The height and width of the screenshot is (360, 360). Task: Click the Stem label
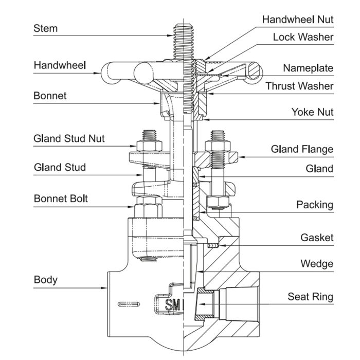(46, 28)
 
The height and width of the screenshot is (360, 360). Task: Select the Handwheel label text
(60, 65)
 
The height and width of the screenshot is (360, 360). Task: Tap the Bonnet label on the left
(50, 96)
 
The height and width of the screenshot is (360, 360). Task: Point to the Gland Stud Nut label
(69, 138)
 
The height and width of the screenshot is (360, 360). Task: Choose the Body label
(45, 280)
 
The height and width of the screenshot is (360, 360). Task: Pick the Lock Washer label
(303, 37)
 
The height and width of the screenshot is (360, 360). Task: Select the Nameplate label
(308, 68)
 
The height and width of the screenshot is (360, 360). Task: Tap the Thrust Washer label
(299, 86)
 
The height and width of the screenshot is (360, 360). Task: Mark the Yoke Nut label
(312, 112)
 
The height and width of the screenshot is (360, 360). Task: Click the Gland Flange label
(302, 149)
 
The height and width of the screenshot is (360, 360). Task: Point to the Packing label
(315, 205)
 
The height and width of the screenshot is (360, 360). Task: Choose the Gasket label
(317, 238)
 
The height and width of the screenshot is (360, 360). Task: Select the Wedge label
(317, 264)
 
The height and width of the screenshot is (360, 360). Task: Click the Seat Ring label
(310, 297)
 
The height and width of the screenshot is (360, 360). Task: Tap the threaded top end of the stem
(184, 36)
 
